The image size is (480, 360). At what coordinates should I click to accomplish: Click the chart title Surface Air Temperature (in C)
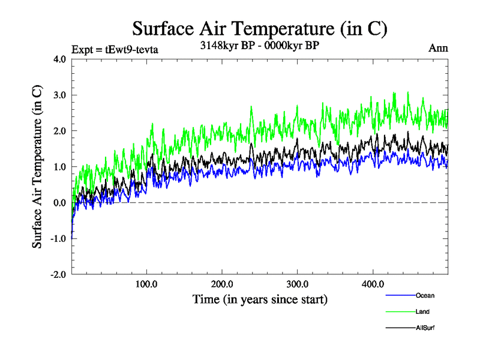point(259,29)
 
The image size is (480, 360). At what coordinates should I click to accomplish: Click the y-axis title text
point(37,167)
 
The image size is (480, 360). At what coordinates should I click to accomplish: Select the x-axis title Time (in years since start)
point(260,299)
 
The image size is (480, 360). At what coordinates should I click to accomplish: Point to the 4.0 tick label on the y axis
point(59,59)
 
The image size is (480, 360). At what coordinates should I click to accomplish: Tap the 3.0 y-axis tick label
point(59,95)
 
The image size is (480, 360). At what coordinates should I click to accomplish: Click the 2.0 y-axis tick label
point(59,131)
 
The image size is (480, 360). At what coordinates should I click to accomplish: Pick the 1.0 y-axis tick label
point(59,167)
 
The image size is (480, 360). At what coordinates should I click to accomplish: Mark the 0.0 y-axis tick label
point(59,203)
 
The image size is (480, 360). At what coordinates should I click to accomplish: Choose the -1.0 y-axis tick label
point(58,239)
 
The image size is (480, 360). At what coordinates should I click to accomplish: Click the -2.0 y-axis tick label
point(58,275)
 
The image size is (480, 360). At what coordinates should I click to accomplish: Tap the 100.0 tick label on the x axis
point(147,284)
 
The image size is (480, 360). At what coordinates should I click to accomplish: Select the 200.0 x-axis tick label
point(222,284)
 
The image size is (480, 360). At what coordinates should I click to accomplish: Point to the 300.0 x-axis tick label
point(298,284)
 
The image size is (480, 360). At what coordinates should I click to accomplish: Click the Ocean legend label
point(425,295)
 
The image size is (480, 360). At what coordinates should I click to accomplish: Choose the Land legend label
point(422,311)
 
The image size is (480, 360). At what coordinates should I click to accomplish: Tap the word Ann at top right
point(438,49)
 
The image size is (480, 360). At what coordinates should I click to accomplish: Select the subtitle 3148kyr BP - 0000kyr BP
point(259,45)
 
